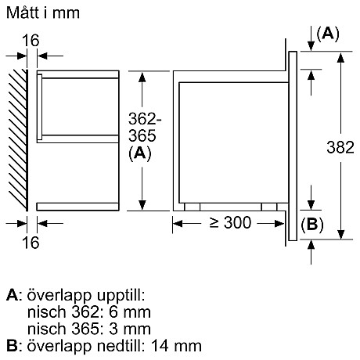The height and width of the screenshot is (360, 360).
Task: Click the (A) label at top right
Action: tap(328, 33)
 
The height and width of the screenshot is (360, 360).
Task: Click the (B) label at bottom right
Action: tap(311, 223)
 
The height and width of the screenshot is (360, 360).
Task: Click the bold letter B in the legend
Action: tap(10, 344)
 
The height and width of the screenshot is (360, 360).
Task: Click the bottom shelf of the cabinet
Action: tap(77, 207)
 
